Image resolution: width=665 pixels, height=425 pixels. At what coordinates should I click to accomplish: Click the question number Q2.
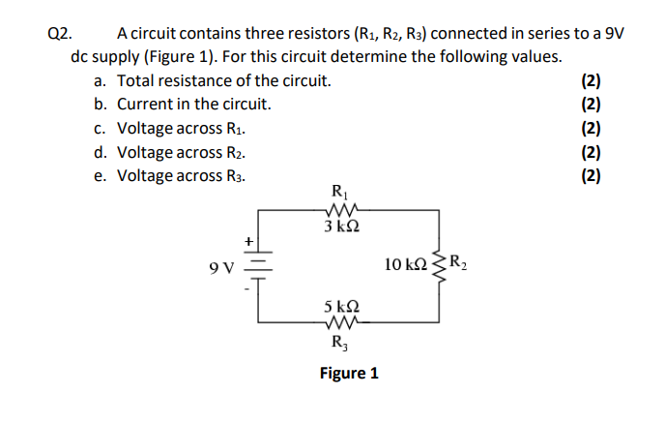click(59, 33)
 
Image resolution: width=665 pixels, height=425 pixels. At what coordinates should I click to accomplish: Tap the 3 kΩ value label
click(342, 227)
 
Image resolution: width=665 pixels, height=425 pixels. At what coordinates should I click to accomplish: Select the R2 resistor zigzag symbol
click(442, 262)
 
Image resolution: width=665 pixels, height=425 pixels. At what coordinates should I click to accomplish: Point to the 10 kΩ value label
click(404, 263)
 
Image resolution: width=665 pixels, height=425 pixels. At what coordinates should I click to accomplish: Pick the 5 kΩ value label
click(342, 306)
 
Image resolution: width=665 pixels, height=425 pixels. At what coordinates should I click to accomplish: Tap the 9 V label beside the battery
click(221, 264)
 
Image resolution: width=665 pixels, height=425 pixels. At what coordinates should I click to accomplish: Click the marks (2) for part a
click(592, 80)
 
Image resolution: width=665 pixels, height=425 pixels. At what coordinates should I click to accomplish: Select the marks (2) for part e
click(592, 175)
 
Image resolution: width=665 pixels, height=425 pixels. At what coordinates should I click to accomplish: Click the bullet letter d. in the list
click(101, 152)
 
